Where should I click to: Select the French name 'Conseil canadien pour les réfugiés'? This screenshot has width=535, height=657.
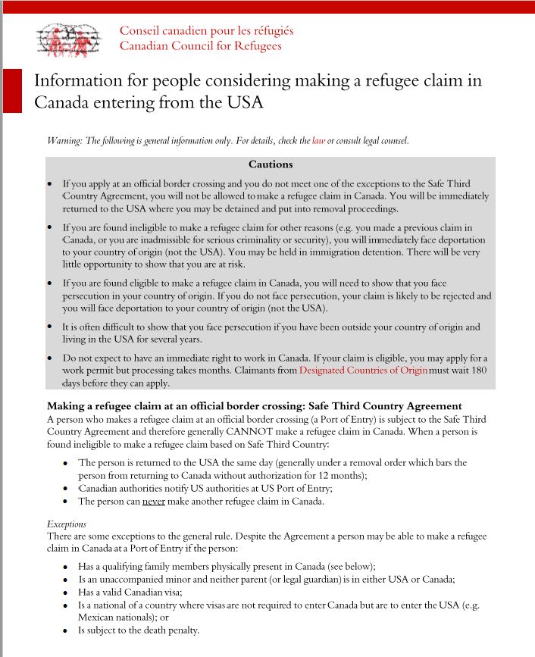click(206, 31)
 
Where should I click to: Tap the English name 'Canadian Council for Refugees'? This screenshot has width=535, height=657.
click(200, 46)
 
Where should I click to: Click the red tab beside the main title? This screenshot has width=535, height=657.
click(12, 90)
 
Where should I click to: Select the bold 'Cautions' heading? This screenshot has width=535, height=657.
click(270, 164)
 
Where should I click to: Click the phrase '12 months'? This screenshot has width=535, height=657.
click(342, 475)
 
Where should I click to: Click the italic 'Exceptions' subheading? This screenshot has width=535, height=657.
click(67, 524)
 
